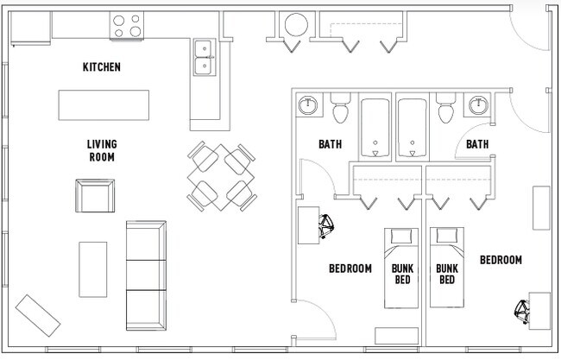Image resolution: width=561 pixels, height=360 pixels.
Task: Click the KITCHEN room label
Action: click(102, 67)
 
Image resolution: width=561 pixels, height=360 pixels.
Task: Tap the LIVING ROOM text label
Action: click(102, 151)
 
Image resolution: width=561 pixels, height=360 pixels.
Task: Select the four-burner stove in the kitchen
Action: click(127, 25)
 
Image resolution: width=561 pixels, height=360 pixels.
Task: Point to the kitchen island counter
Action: click(104, 105)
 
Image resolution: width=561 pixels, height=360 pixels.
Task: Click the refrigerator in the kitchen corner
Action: click(30, 28)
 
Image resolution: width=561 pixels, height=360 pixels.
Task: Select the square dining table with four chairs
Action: click(222, 176)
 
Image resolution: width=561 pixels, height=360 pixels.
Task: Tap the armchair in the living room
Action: click(95, 196)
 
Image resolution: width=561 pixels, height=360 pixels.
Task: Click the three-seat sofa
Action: click(147, 275)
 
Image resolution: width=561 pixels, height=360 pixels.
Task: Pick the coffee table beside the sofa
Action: click(93, 269)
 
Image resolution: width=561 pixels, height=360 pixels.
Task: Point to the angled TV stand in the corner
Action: click(38, 316)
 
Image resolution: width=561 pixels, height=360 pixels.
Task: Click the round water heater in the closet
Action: click(296, 25)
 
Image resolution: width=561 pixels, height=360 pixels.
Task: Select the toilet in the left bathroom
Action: click(341, 108)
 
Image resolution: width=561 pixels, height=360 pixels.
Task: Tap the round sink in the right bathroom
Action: click(478, 105)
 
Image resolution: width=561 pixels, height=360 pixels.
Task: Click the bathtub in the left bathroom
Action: click(375, 128)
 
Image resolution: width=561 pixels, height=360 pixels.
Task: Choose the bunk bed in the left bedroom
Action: click(401, 268)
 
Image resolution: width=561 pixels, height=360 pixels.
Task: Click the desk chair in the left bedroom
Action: click(326, 226)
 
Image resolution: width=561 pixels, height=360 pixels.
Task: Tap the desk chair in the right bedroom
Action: click(522, 312)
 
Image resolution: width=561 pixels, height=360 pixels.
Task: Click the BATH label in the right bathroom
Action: click(477, 144)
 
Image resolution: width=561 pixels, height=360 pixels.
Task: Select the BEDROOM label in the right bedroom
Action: click(501, 260)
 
